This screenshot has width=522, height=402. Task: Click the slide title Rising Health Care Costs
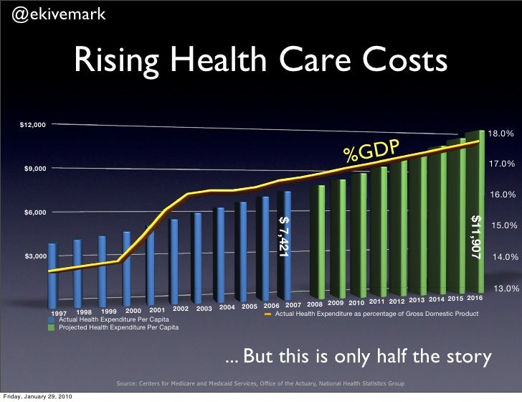click(262, 63)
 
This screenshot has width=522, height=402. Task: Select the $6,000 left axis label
click(35, 212)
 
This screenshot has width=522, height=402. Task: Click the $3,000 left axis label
click(35, 256)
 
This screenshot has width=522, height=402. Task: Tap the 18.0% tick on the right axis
click(501, 134)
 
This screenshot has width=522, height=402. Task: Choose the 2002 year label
click(181, 309)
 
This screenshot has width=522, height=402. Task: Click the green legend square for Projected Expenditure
click(52, 327)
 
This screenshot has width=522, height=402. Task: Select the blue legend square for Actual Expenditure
click(52, 319)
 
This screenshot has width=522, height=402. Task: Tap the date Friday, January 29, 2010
click(36, 396)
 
